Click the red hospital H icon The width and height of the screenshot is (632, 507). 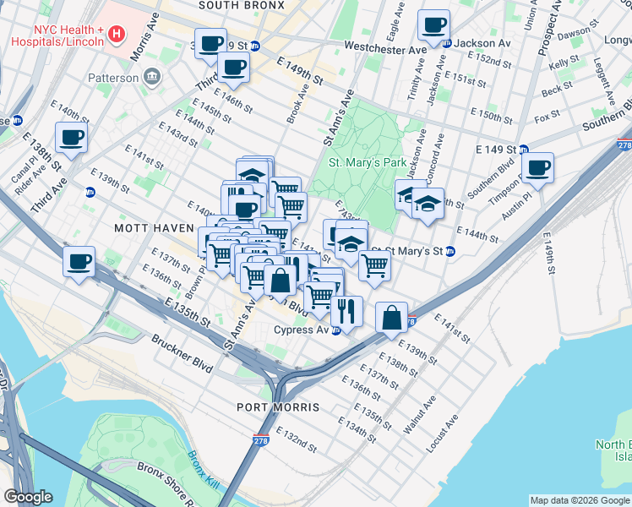(x=117, y=35)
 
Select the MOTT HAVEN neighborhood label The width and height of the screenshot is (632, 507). (x=148, y=228)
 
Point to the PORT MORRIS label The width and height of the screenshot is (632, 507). (x=283, y=407)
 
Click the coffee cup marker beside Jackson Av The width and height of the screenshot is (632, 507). (x=433, y=25)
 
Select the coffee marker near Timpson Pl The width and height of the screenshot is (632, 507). (x=537, y=167)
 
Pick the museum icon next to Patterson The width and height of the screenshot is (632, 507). (x=152, y=78)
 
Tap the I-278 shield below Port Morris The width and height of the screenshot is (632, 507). (x=261, y=440)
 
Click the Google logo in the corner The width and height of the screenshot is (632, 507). (x=28, y=497)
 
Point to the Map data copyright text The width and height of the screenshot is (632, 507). (x=579, y=500)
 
